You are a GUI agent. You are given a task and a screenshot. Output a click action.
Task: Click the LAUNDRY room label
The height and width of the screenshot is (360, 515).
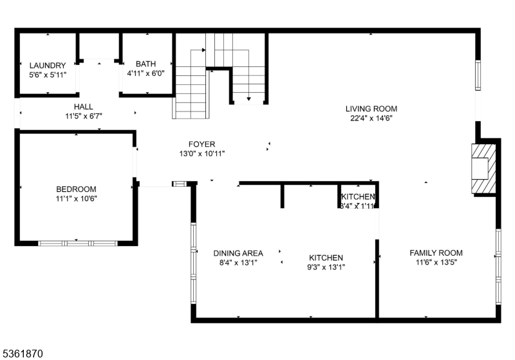click(48, 65)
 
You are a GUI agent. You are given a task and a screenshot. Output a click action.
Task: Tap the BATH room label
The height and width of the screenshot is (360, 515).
click(145, 64)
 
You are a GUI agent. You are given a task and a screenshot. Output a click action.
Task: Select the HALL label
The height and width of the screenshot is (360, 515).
click(83, 106)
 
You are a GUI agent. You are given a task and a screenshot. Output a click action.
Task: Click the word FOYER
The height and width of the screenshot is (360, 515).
click(201, 144)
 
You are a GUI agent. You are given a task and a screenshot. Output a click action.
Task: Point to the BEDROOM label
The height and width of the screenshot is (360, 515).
click(76, 189)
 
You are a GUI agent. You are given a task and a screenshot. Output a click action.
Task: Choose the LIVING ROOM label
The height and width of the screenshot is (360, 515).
click(371, 109)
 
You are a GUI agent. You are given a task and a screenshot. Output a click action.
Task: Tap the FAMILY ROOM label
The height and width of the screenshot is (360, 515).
click(436, 252)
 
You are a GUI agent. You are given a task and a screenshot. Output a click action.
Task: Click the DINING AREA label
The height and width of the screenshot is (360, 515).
click(238, 253)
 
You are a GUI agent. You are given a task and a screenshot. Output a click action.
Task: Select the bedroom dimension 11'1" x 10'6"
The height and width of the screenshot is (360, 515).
click(76, 198)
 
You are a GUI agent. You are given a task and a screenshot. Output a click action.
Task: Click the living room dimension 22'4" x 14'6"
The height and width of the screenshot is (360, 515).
click(371, 118)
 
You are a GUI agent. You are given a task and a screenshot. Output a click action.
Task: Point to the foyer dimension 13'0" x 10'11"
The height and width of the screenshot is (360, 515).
click(201, 154)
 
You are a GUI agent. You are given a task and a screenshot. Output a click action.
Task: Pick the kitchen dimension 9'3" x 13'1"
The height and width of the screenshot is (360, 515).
click(325, 267)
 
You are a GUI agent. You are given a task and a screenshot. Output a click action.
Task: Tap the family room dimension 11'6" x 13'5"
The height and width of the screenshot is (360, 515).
click(436, 262)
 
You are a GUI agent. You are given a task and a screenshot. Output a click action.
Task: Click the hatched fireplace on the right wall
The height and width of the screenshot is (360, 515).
click(484, 168)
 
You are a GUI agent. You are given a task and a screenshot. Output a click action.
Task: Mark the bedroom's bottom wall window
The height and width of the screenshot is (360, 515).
click(77, 243)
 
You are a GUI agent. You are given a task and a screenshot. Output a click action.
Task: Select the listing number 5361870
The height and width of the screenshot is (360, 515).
click(23, 354)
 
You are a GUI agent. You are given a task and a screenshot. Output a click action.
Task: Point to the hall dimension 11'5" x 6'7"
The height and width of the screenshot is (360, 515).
click(83, 116)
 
